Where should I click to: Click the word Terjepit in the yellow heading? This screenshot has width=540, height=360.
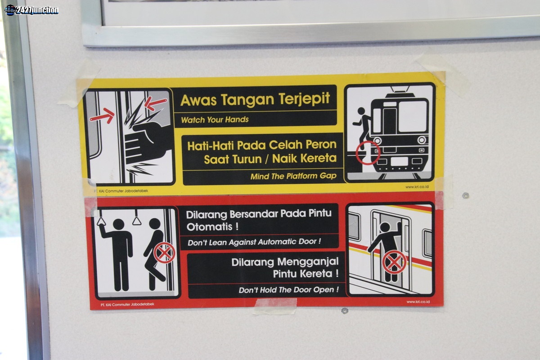pyautogui.click(x=304, y=99)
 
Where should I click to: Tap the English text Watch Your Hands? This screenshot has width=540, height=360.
pyautogui.click(x=215, y=120)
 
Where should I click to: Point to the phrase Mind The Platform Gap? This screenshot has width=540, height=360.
pyautogui.click(x=293, y=176)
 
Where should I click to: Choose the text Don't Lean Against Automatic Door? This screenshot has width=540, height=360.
pyautogui.click(x=254, y=242)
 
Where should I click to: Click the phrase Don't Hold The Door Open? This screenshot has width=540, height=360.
pyautogui.click(x=288, y=290)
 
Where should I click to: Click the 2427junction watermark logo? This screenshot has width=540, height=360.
pyautogui.click(x=31, y=10)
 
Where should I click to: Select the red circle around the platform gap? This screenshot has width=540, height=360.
pyautogui.click(x=368, y=153)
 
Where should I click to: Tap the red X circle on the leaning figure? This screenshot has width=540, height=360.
pyautogui.click(x=164, y=253)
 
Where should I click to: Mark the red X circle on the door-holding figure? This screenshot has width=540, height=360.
pyautogui.click(x=394, y=262)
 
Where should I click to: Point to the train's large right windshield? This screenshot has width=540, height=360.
pyautogui.click(x=413, y=116)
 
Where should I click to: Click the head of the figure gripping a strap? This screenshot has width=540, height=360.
pyautogui.click(x=119, y=225)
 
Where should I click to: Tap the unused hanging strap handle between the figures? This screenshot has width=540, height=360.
pyautogui.click(x=136, y=218)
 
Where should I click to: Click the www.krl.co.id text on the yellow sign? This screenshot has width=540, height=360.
pyautogui.click(x=417, y=187)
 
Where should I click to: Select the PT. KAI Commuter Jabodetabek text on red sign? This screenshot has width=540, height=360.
pyautogui.click(x=127, y=304)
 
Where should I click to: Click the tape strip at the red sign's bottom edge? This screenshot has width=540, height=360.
pyautogui.click(x=275, y=306)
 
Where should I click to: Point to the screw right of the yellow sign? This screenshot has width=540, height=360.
pyautogui.click(x=465, y=195)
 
